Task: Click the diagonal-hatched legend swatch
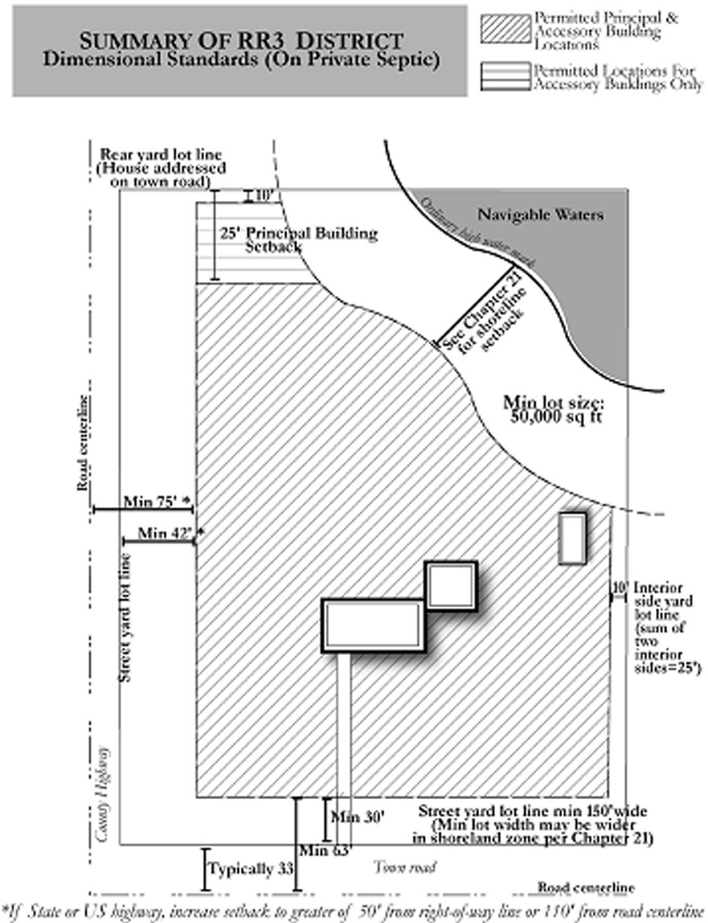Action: pos(505,29)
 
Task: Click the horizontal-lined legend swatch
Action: pos(505,76)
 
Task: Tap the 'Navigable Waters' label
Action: pos(540,214)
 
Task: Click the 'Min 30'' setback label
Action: pos(357,818)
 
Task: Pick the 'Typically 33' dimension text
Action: pos(251,869)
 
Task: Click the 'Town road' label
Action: pos(405,867)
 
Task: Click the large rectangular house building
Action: pos(373,625)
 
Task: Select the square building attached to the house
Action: pos(451,585)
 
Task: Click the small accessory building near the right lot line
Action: pos(572,538)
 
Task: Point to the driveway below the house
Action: pos(344,725)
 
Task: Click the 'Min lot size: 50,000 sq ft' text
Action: pos(554,409)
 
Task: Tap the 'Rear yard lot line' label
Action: pos(161,155)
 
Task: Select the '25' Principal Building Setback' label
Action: pos(298,239)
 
